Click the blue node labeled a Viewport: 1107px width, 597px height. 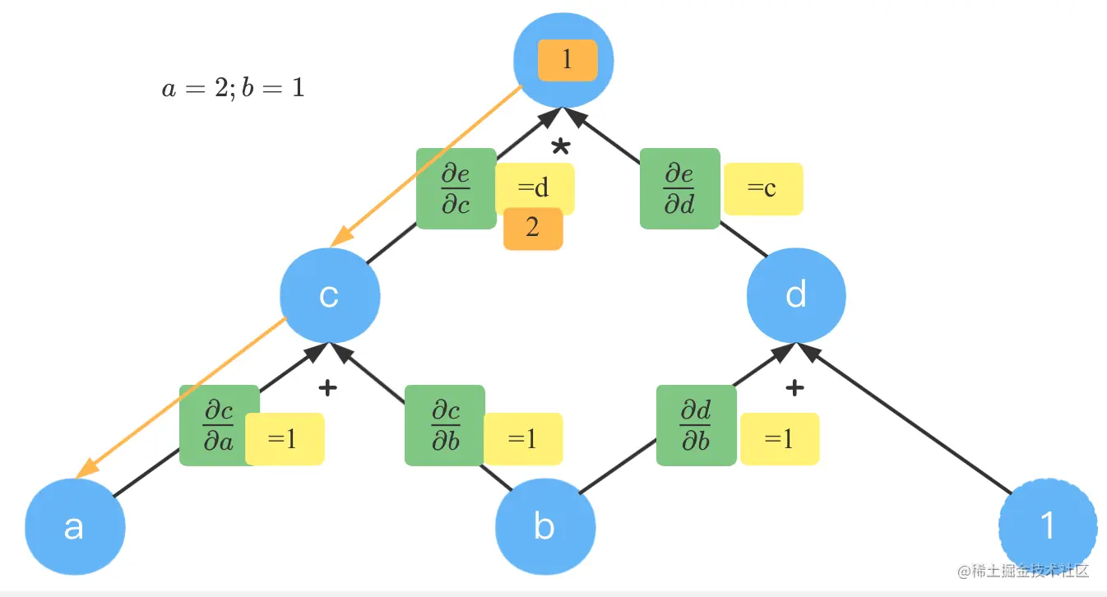pyautogui.click(x=75, y=527)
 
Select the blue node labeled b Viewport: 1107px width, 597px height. pyautogui.click(x=544, y=526)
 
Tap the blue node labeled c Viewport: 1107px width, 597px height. pyautogui.click(x=329, y=296)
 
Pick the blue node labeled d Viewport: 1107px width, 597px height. pyautogui.click(x=796, y=295)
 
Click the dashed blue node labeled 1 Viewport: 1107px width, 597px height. pyautogui.click(x=1048, y=525)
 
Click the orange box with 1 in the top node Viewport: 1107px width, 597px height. pyautogui.click(x=567, y=60)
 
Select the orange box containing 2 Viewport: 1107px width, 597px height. pyautogui.click(x=533, y=228)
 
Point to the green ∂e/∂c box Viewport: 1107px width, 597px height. pyautogui.click(x=456, y=188)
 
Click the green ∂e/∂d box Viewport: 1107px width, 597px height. pyautogui.click(x=679, y=188)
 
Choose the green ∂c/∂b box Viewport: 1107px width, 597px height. pyautogui.click(x=444, y=424)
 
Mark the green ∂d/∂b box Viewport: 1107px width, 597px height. pyautogui.click(x=696, y=424)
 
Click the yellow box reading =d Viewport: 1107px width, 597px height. pyautogui.click(x=535, y=188)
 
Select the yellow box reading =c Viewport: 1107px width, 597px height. pyautogui.click(x=762, y=189)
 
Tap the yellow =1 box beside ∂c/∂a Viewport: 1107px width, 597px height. pyautogui.click(x=285, y=439)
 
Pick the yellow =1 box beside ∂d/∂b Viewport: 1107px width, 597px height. pyautogui.click(x=780, y=439)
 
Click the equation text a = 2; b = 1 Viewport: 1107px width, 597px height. pyautogui.click(x=233, y=88)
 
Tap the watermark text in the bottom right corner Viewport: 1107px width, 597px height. pyautogui.click(x=1023, y=571)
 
